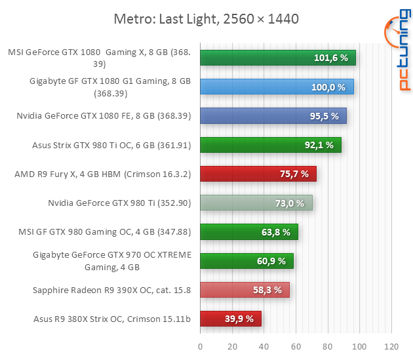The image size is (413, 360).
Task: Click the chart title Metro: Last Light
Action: point(206,18)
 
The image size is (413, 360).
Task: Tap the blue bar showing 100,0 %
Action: point(276,87)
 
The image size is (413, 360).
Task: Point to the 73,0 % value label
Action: point(290,203)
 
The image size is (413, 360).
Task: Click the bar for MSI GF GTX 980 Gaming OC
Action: point(248,232)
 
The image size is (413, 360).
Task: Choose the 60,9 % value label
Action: point(271,261)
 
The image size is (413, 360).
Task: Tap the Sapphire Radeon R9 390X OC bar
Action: point(244,290)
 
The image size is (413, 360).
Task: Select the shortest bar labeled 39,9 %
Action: point(230,319)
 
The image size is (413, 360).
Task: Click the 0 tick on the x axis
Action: point(200,345)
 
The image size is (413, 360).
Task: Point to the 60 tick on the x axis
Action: point(296,345)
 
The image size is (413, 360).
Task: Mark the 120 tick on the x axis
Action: point(391,345)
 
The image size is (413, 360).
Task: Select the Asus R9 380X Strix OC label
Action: point(111,319)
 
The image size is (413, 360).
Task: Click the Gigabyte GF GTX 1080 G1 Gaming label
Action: point(110,87)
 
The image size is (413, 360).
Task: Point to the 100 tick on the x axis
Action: point(359,345)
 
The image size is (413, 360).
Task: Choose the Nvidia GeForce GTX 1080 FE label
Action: point(104,116)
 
